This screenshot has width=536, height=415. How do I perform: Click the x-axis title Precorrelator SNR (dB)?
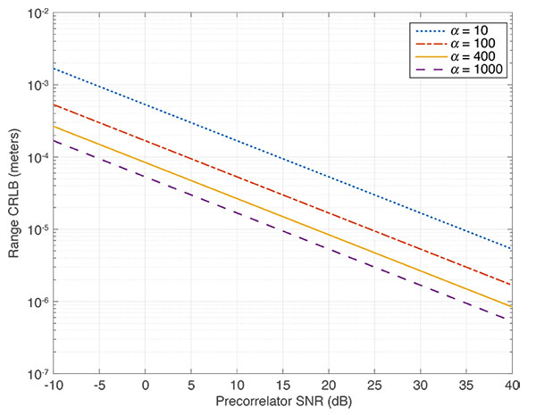coord(281,403)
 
